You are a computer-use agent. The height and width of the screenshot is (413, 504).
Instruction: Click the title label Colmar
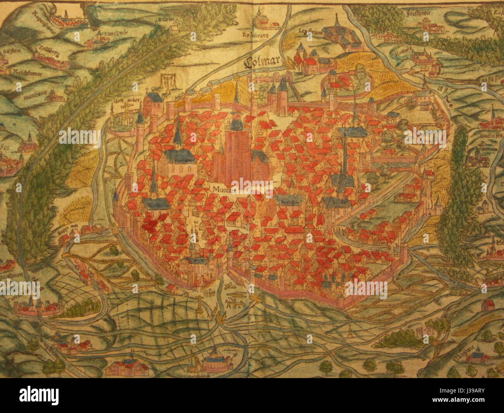pyautogui.click(x=261, y=62)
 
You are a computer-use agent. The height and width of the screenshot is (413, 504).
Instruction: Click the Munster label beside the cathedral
pyautogui.click(x=221, y=190)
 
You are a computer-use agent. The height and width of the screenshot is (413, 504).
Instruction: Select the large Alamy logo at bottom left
pyautogui.click(x=39, y=395)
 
